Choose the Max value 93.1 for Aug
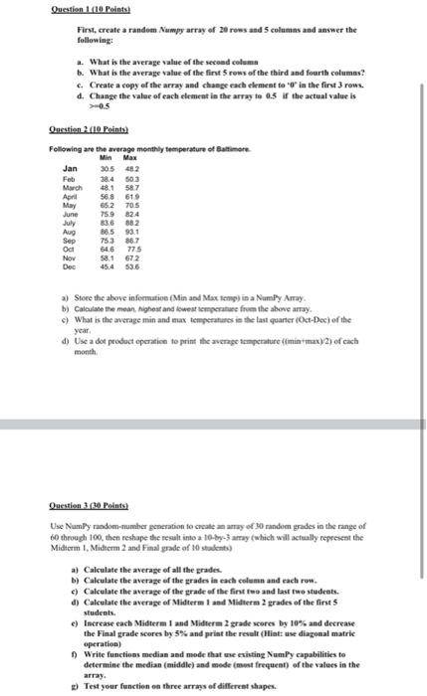[x=129, y=231]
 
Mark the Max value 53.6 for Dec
[x=129, y=265]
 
